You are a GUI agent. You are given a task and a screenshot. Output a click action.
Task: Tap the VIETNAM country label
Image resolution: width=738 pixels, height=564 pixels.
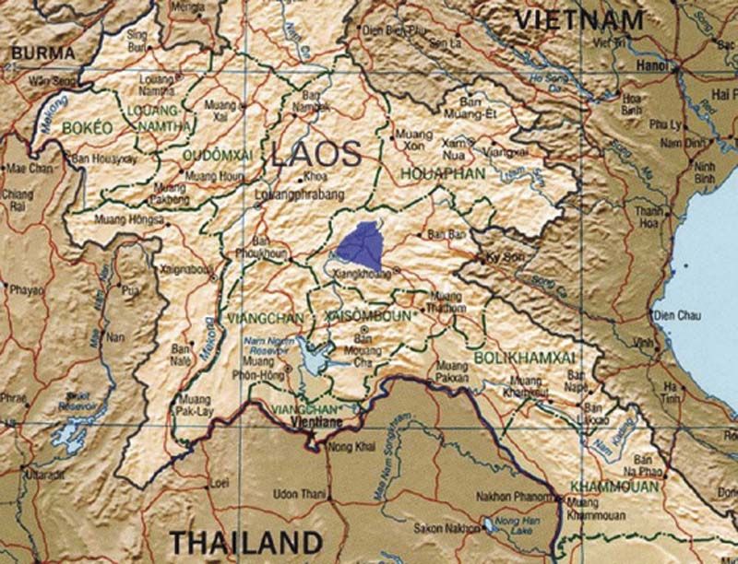[x=578, y=20]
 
